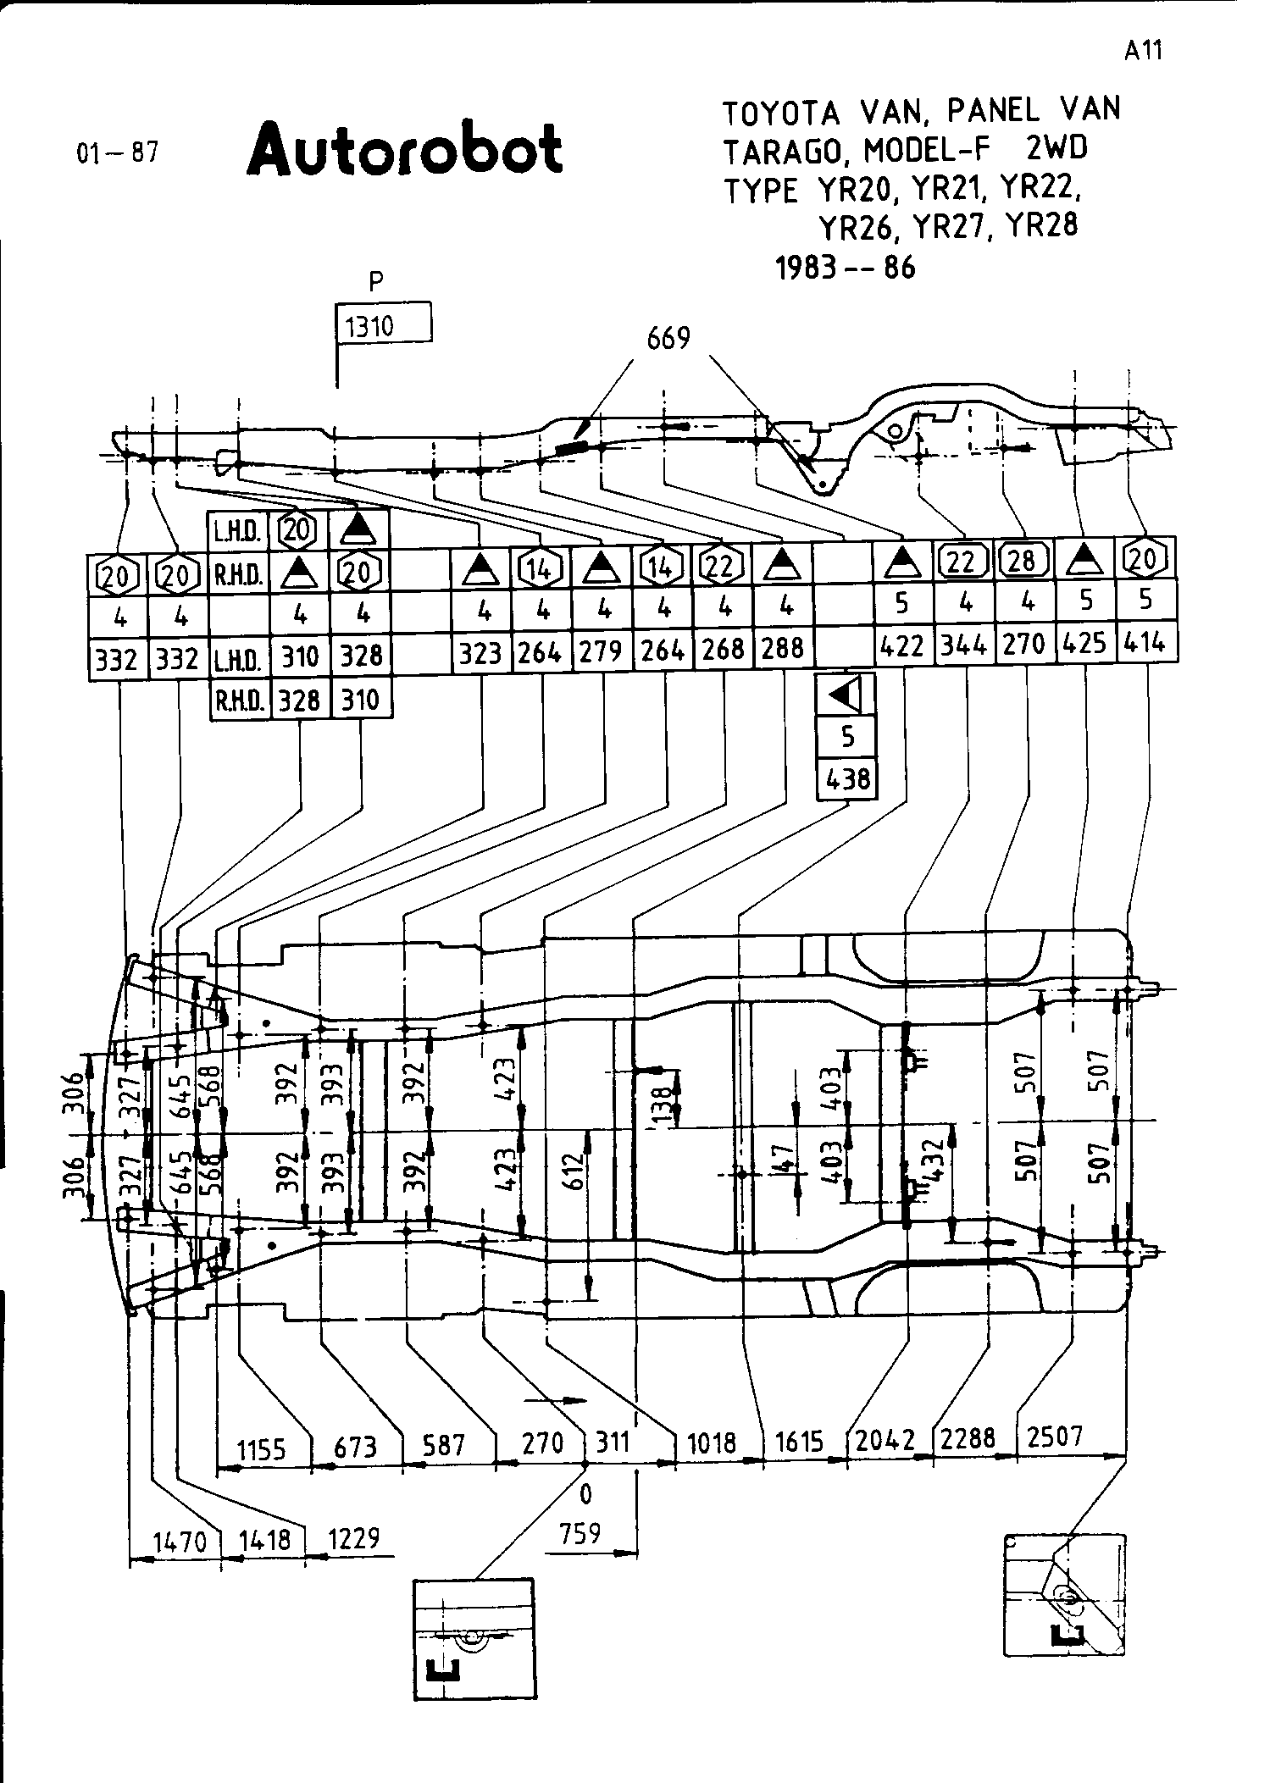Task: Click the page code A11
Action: (1143, 52)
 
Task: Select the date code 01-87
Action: (118, 153)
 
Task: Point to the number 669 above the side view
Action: (668, 339)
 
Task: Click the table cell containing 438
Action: (846, 778)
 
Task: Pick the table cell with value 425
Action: (1084, 645)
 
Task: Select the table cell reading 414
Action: (1146, 645)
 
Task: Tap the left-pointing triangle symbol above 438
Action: (846, 695)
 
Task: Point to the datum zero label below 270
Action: (585, 1495)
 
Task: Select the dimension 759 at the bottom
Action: (581, 1532)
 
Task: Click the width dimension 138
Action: (667, 1102)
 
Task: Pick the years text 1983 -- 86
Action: (846, 268)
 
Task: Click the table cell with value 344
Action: (965, 647)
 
